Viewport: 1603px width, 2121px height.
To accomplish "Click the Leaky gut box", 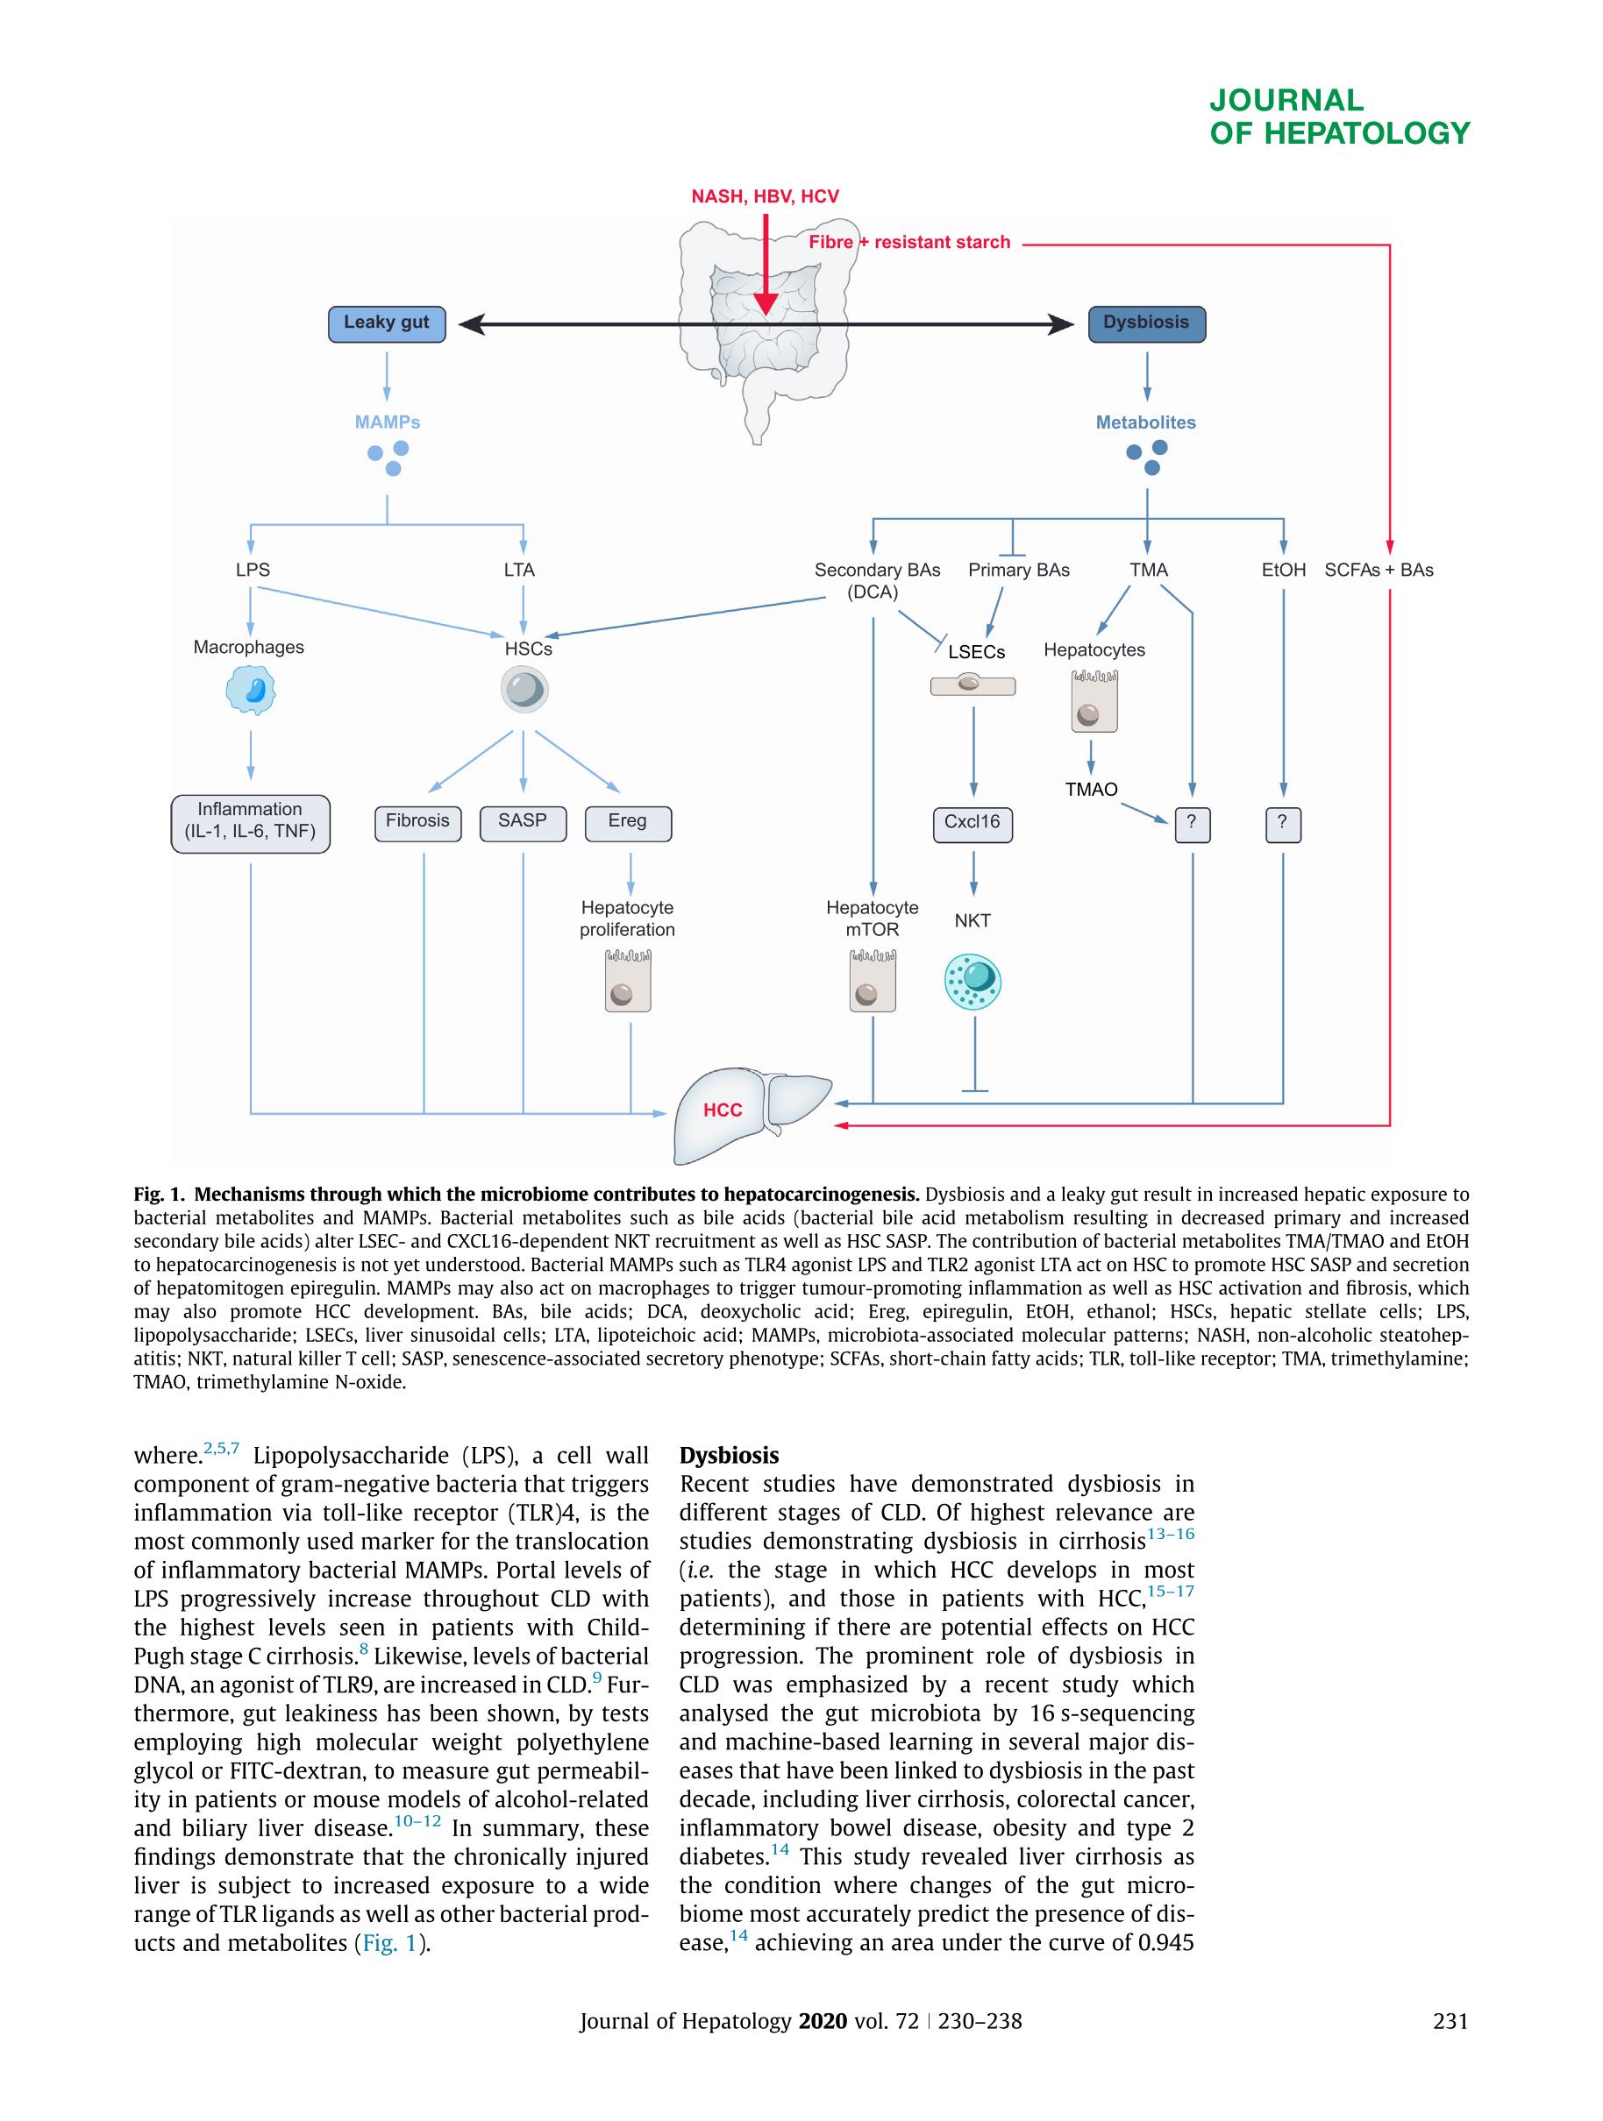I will (387, 324).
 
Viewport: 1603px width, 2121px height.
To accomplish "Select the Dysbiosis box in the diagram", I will (1146, 324).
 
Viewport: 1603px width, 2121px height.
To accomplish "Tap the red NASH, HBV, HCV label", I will (765, 196).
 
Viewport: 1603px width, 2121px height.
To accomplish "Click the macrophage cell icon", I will (251, 691).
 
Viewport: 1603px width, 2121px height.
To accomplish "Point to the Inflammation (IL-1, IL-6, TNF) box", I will (251, 823).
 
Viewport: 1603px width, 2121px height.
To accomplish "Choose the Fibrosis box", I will (417, 823).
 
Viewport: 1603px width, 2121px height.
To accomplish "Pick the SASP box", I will (523, 823).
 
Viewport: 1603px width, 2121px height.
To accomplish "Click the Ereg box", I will (627, 823).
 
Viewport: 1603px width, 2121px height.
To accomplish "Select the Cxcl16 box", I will (972, 824).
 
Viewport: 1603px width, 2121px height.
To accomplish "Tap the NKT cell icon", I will (973, 981).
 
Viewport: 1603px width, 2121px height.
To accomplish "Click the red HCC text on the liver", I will (723, 1110).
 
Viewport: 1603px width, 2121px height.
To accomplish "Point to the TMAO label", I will (1091, 789).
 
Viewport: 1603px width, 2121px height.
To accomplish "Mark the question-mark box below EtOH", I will (1283, 824).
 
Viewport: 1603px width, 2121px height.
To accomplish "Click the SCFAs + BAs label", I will (1379, 570).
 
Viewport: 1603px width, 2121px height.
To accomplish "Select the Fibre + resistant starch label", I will (908, 243).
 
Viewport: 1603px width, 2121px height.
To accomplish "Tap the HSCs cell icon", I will (524, 691).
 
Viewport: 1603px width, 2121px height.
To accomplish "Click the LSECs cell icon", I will (972, 685).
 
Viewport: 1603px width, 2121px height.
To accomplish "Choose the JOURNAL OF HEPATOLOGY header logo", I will (1338, 116).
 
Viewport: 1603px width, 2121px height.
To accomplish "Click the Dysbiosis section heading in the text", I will (729, 1455).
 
